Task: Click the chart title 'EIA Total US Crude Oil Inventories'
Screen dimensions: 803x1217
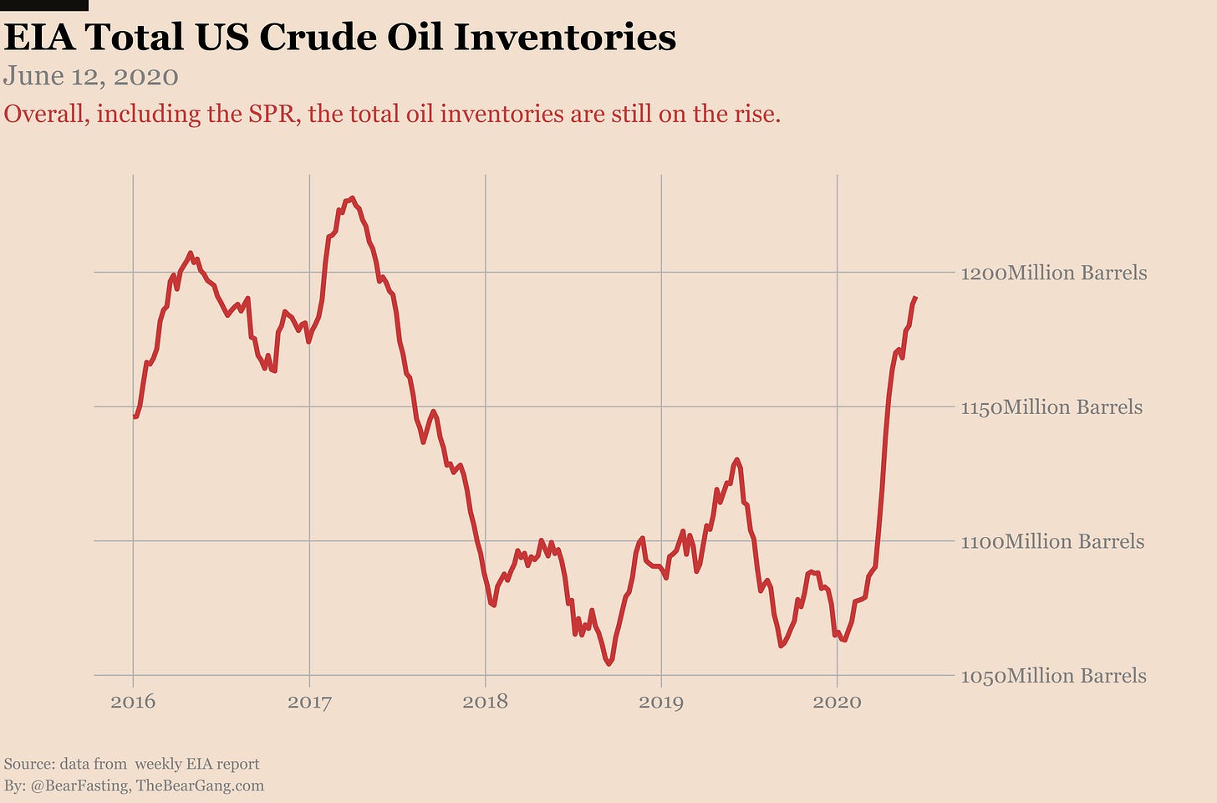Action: [x=339, y=38]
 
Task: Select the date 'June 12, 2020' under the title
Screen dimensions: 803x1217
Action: [x=91, y=77]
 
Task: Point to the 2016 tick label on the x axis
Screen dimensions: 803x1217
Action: [x=133, y=701]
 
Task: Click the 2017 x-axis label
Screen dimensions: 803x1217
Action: [x=309, y=701]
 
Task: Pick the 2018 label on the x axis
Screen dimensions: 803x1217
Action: [x=485, y=701]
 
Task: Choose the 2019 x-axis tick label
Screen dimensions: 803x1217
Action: [x=661, y=701]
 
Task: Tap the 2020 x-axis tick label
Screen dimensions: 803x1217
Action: [x=837, y=701]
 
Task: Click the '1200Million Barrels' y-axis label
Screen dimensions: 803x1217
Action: [x=1053, y=273]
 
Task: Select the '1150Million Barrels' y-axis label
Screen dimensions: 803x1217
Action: [x=1052, y=407]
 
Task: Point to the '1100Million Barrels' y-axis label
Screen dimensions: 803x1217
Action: [x=1052, y=541]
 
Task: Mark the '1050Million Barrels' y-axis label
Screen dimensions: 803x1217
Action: [x=1053, y=676]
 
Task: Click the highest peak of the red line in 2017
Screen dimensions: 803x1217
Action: [x=352, y=198]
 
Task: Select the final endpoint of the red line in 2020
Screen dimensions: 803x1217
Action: [x=916, y=298]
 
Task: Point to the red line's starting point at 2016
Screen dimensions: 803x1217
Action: [x=135, y=417]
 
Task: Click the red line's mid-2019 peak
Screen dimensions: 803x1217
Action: [x=736, y=459]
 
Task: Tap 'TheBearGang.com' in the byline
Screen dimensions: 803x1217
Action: [x=200, y=785]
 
